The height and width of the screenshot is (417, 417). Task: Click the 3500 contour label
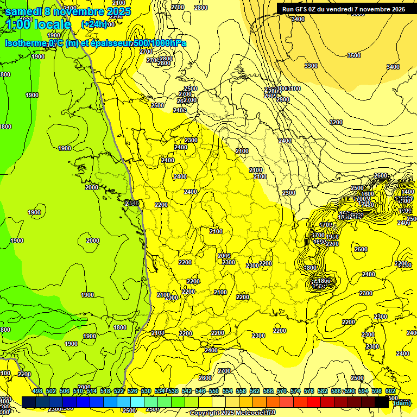click(353, 55)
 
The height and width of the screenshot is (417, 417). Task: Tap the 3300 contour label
click(311, 66)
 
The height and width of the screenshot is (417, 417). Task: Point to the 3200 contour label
click(336, 122)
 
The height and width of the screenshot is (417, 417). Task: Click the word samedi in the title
click(23, 11)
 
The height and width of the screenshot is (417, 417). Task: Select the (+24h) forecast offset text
click(94, 24)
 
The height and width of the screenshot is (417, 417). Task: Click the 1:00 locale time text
click(39, 24)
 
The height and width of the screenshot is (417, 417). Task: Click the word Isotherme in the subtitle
click(25, 43)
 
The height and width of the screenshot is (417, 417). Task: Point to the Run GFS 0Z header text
click(301, 9)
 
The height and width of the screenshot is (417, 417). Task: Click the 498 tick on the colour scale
click(37, 391)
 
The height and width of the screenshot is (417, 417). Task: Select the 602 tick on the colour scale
click(390, 391)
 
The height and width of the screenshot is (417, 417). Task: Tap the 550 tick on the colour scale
click(213, 391)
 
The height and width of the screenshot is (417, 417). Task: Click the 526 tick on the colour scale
click(132, 391)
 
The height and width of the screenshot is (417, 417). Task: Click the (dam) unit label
click(402, 402)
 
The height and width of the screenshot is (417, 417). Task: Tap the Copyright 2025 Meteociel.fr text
click(232, 413)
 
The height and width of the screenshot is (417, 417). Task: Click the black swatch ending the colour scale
click(382, 402)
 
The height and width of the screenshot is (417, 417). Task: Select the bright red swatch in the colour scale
click(314, 402)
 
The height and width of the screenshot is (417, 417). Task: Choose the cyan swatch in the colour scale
click(137, 402)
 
